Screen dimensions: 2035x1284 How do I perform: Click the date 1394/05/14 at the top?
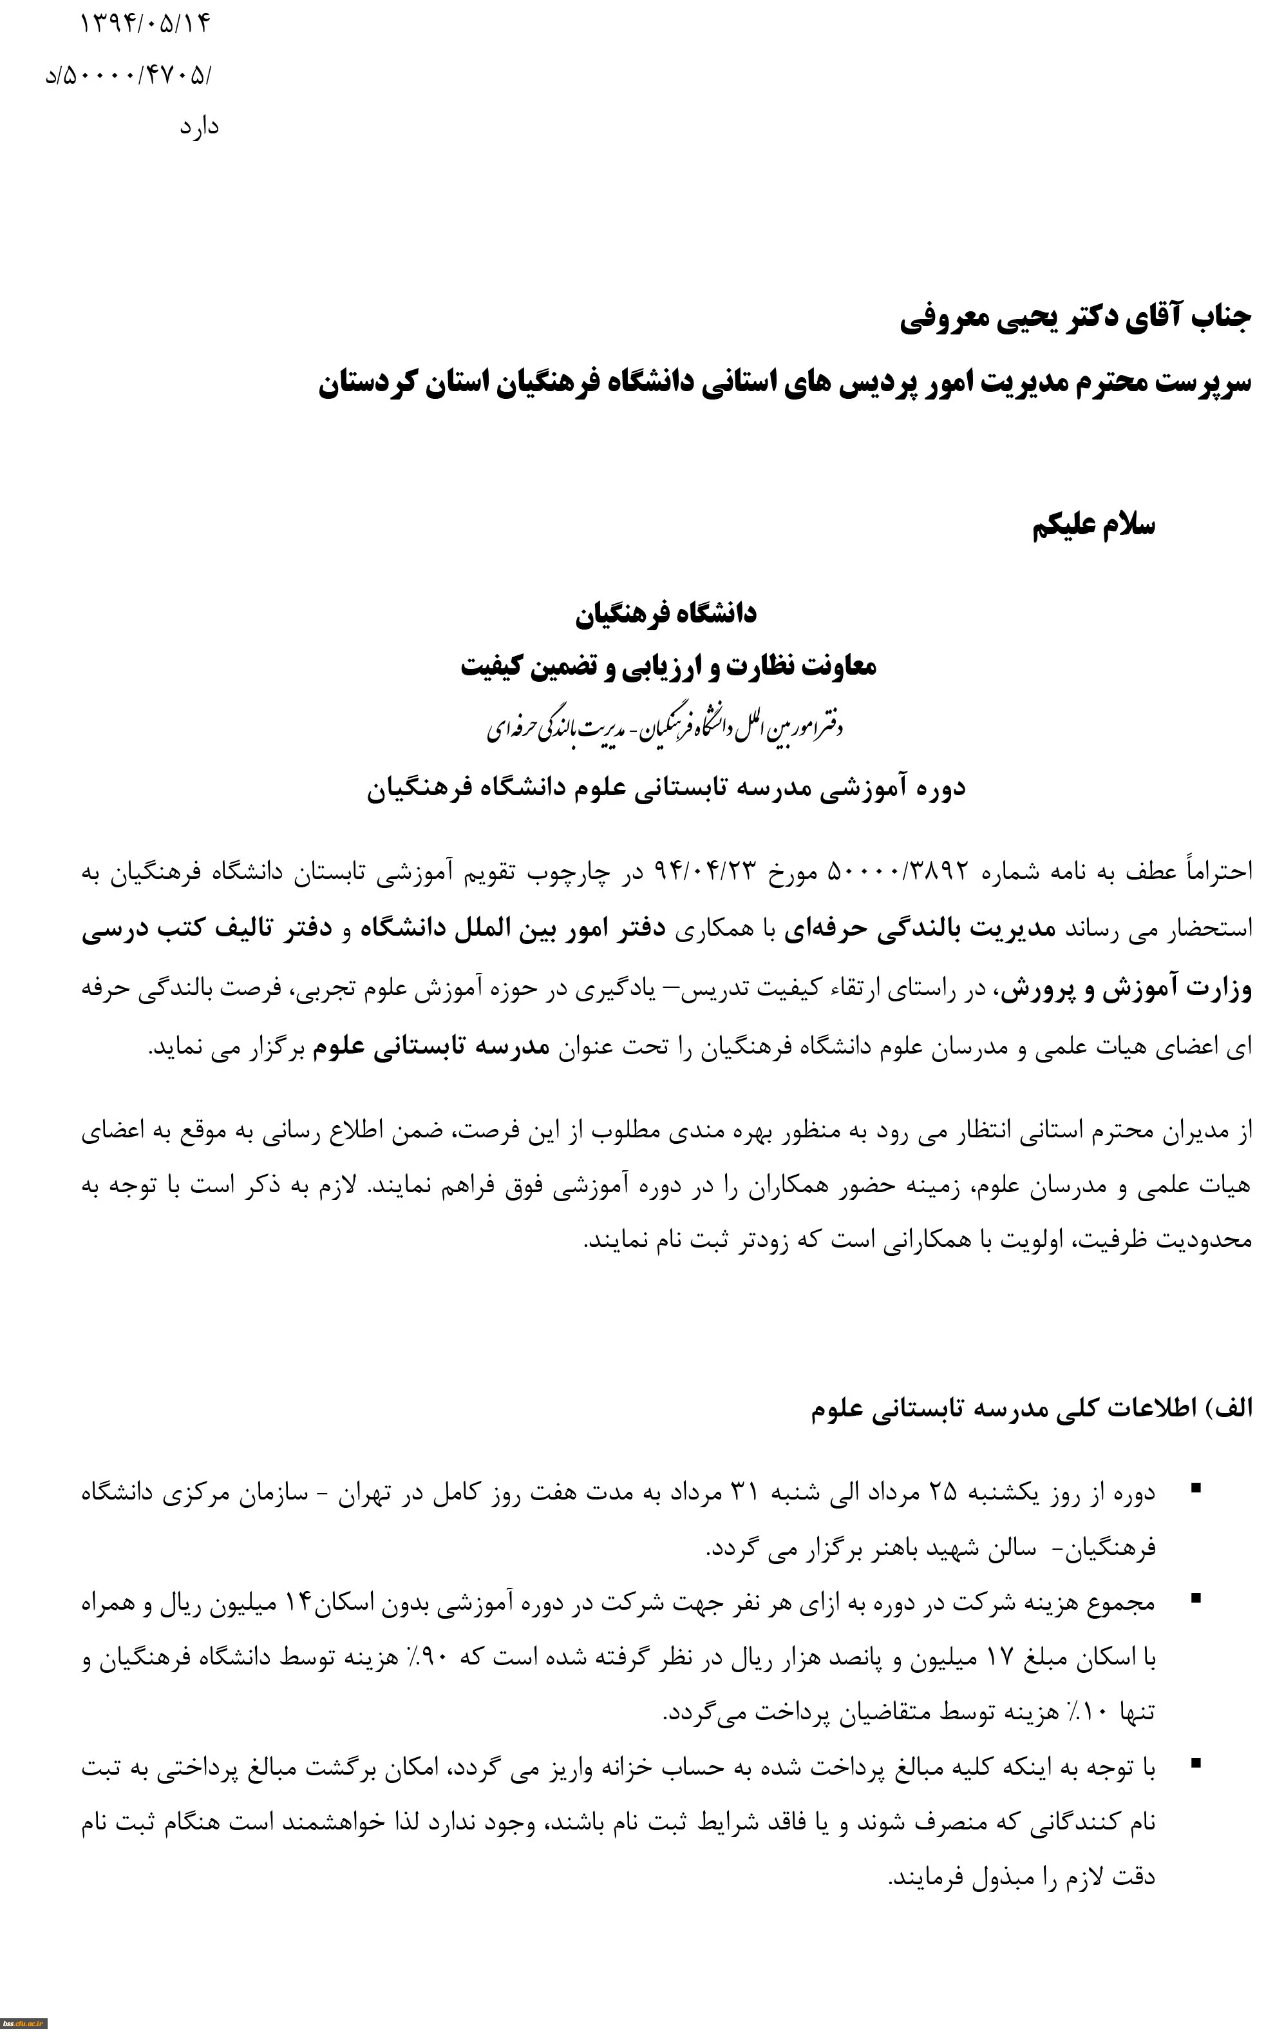(144, 24)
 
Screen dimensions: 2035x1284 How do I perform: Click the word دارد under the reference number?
(200, 128)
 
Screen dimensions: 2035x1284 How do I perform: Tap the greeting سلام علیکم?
(1094, 526)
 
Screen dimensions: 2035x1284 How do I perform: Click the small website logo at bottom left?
(24, 2026)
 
